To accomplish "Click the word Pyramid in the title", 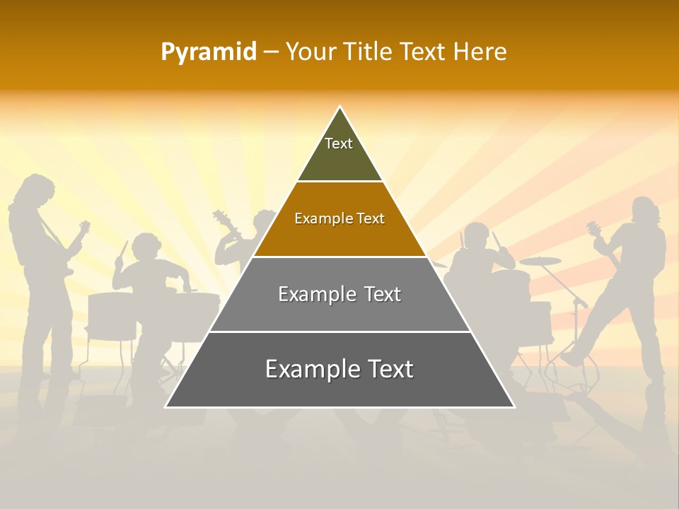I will click(208, 52).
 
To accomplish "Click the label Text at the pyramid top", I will click(339, 144).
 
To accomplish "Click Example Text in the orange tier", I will click(339, 218).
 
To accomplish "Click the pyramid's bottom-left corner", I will click(166, 406).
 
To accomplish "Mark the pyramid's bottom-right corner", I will click(514, 406).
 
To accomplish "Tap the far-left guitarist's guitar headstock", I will click(84, 226).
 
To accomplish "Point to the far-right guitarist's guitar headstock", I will click(593, 228).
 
